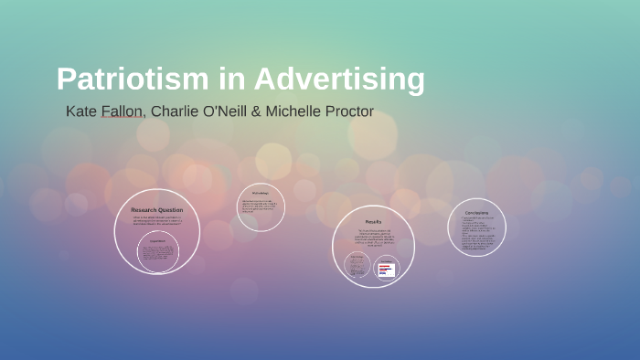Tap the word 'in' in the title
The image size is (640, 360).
(x=231, y=79)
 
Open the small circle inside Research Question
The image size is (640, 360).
(x=157, y=251)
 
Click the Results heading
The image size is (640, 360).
(x=373, y=222)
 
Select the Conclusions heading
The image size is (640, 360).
(x=476, y=213)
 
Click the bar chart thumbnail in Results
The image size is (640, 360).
(x=387, y=269)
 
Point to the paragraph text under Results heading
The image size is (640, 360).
(x=373, y=238)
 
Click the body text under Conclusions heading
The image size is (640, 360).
(x=476, y=233)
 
